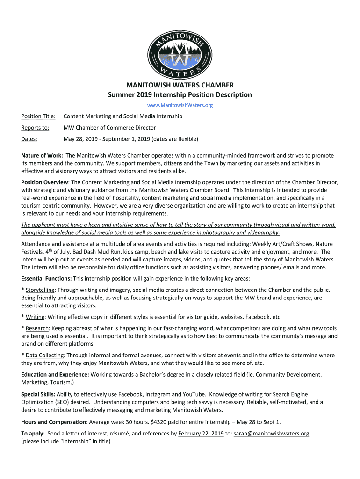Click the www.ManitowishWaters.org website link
point(180,105)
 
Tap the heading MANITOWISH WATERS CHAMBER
point(180,85)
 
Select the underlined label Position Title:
point(38,116)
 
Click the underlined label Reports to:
point(35,128)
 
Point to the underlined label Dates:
point(29,139)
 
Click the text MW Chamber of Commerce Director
point(109,128)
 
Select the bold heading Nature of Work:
point(43,155)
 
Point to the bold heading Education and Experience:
point(55,375)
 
